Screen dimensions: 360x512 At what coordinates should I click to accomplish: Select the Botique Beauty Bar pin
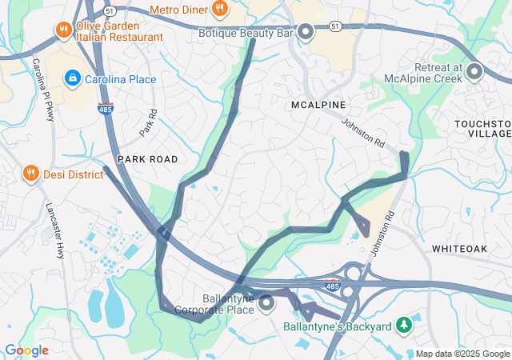[x=306, y=32]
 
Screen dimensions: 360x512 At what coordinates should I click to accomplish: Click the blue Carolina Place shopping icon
[x=73, y=78]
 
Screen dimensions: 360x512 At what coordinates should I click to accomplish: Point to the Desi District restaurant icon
[x=31, y=173]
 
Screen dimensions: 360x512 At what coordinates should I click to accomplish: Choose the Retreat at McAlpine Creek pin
[x=474, y=73]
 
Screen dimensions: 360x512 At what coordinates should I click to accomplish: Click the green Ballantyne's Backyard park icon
[x=405, y=325]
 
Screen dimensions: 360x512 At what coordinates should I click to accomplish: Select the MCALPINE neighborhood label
[x=318, y=105]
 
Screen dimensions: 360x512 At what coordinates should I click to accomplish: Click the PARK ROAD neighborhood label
[x=148, y=159]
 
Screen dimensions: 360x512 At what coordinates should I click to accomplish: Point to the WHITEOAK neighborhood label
[x=459, y=250]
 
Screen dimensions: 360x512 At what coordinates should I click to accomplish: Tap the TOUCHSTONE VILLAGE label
[x=482, y=130]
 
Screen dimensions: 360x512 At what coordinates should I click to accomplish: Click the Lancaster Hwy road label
[x=54, y=230]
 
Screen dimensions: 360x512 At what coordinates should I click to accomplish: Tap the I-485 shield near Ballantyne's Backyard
[x=331, y=284]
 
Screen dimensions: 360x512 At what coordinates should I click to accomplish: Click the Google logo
[x=26, y=350]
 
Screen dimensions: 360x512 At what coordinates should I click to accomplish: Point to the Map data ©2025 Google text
[x=462, y=354]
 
